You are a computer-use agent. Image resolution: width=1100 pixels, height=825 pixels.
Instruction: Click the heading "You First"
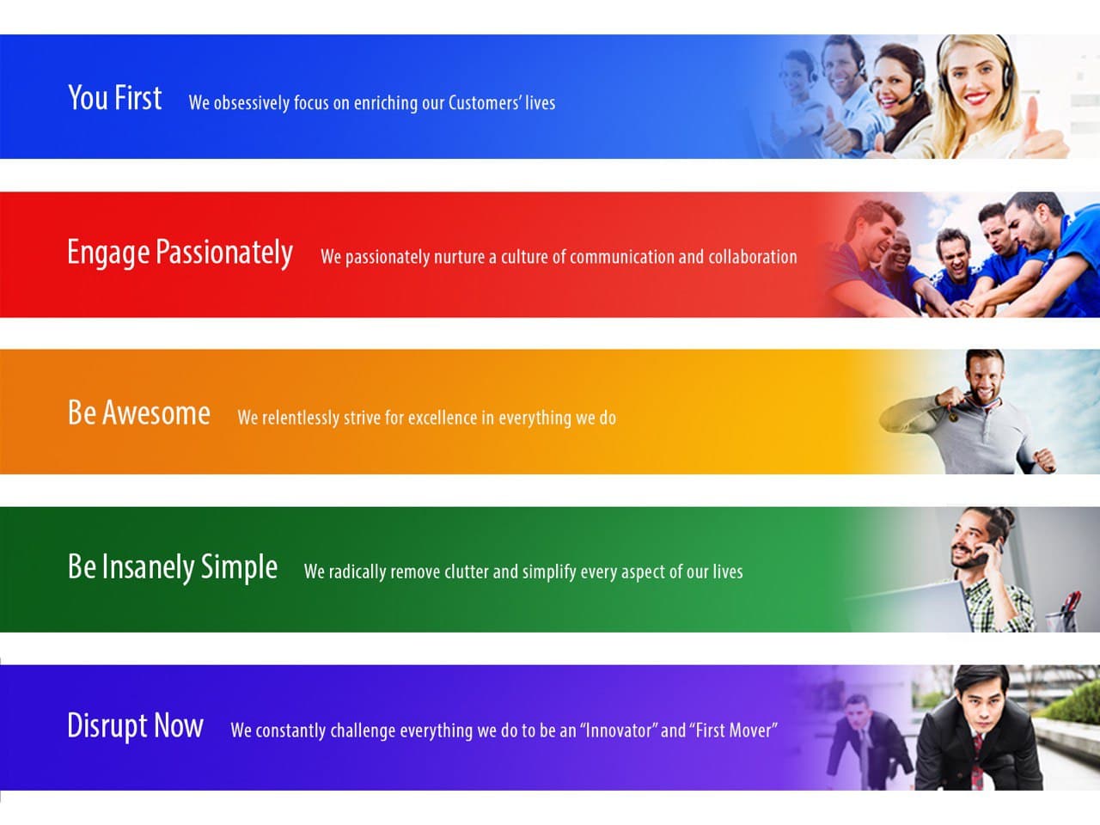(115, 97)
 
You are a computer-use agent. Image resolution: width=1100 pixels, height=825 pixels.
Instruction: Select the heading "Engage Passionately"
(180, 253)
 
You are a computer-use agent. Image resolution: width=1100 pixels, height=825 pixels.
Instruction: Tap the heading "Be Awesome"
(139, 412)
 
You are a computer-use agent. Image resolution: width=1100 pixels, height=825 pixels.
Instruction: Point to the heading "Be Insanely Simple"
(173, 567)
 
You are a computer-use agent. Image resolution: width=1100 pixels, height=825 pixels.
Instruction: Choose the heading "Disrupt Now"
(135, 726)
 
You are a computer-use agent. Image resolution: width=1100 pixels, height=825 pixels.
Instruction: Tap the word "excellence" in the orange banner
(443, 418)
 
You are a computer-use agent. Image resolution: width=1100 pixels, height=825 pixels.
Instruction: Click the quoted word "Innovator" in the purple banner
(619, 730)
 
